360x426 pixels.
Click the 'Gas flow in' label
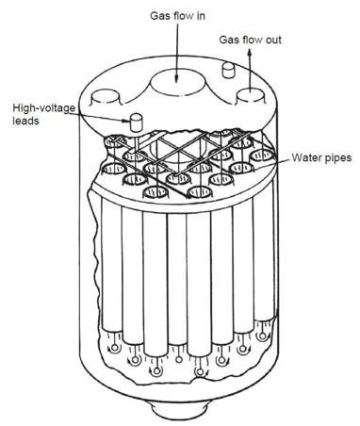point(177,16)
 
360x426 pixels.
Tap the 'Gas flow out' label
point(250,40)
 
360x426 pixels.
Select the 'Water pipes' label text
point(321,157)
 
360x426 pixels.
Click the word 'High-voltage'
point(44,108)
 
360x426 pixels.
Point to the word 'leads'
point(25,121)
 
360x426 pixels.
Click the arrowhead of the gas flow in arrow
point(176,78)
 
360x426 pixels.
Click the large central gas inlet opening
point(177,82)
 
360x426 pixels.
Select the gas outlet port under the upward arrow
point(251,96)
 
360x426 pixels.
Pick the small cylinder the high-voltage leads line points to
point(136,123)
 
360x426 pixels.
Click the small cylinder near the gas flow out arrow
point(228,70)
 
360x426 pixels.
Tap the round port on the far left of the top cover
point(106,96)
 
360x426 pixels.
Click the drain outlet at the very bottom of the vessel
point(179,413)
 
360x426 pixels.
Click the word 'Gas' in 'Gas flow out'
point(227,40)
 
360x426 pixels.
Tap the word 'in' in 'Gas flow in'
point(201,16)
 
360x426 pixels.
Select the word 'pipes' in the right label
point(338,158)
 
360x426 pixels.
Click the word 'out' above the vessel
point(273,41)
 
